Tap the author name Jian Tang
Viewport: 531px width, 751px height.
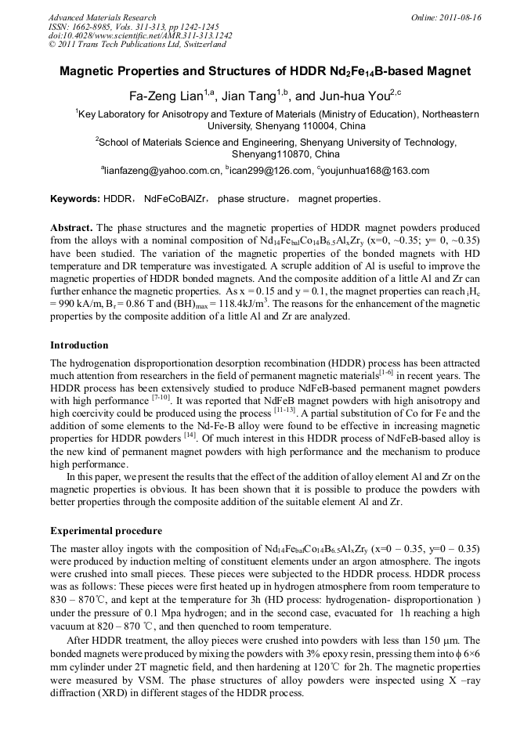click(248, 96)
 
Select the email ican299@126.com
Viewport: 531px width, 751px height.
click(267, 171)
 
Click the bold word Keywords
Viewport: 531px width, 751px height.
click(74, 199)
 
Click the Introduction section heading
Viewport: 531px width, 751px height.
click(79, 345)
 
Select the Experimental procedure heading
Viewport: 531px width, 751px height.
click(106, 530)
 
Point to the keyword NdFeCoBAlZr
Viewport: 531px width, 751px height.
click(176, 199)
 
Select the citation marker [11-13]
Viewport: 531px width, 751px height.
click(282, 410)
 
